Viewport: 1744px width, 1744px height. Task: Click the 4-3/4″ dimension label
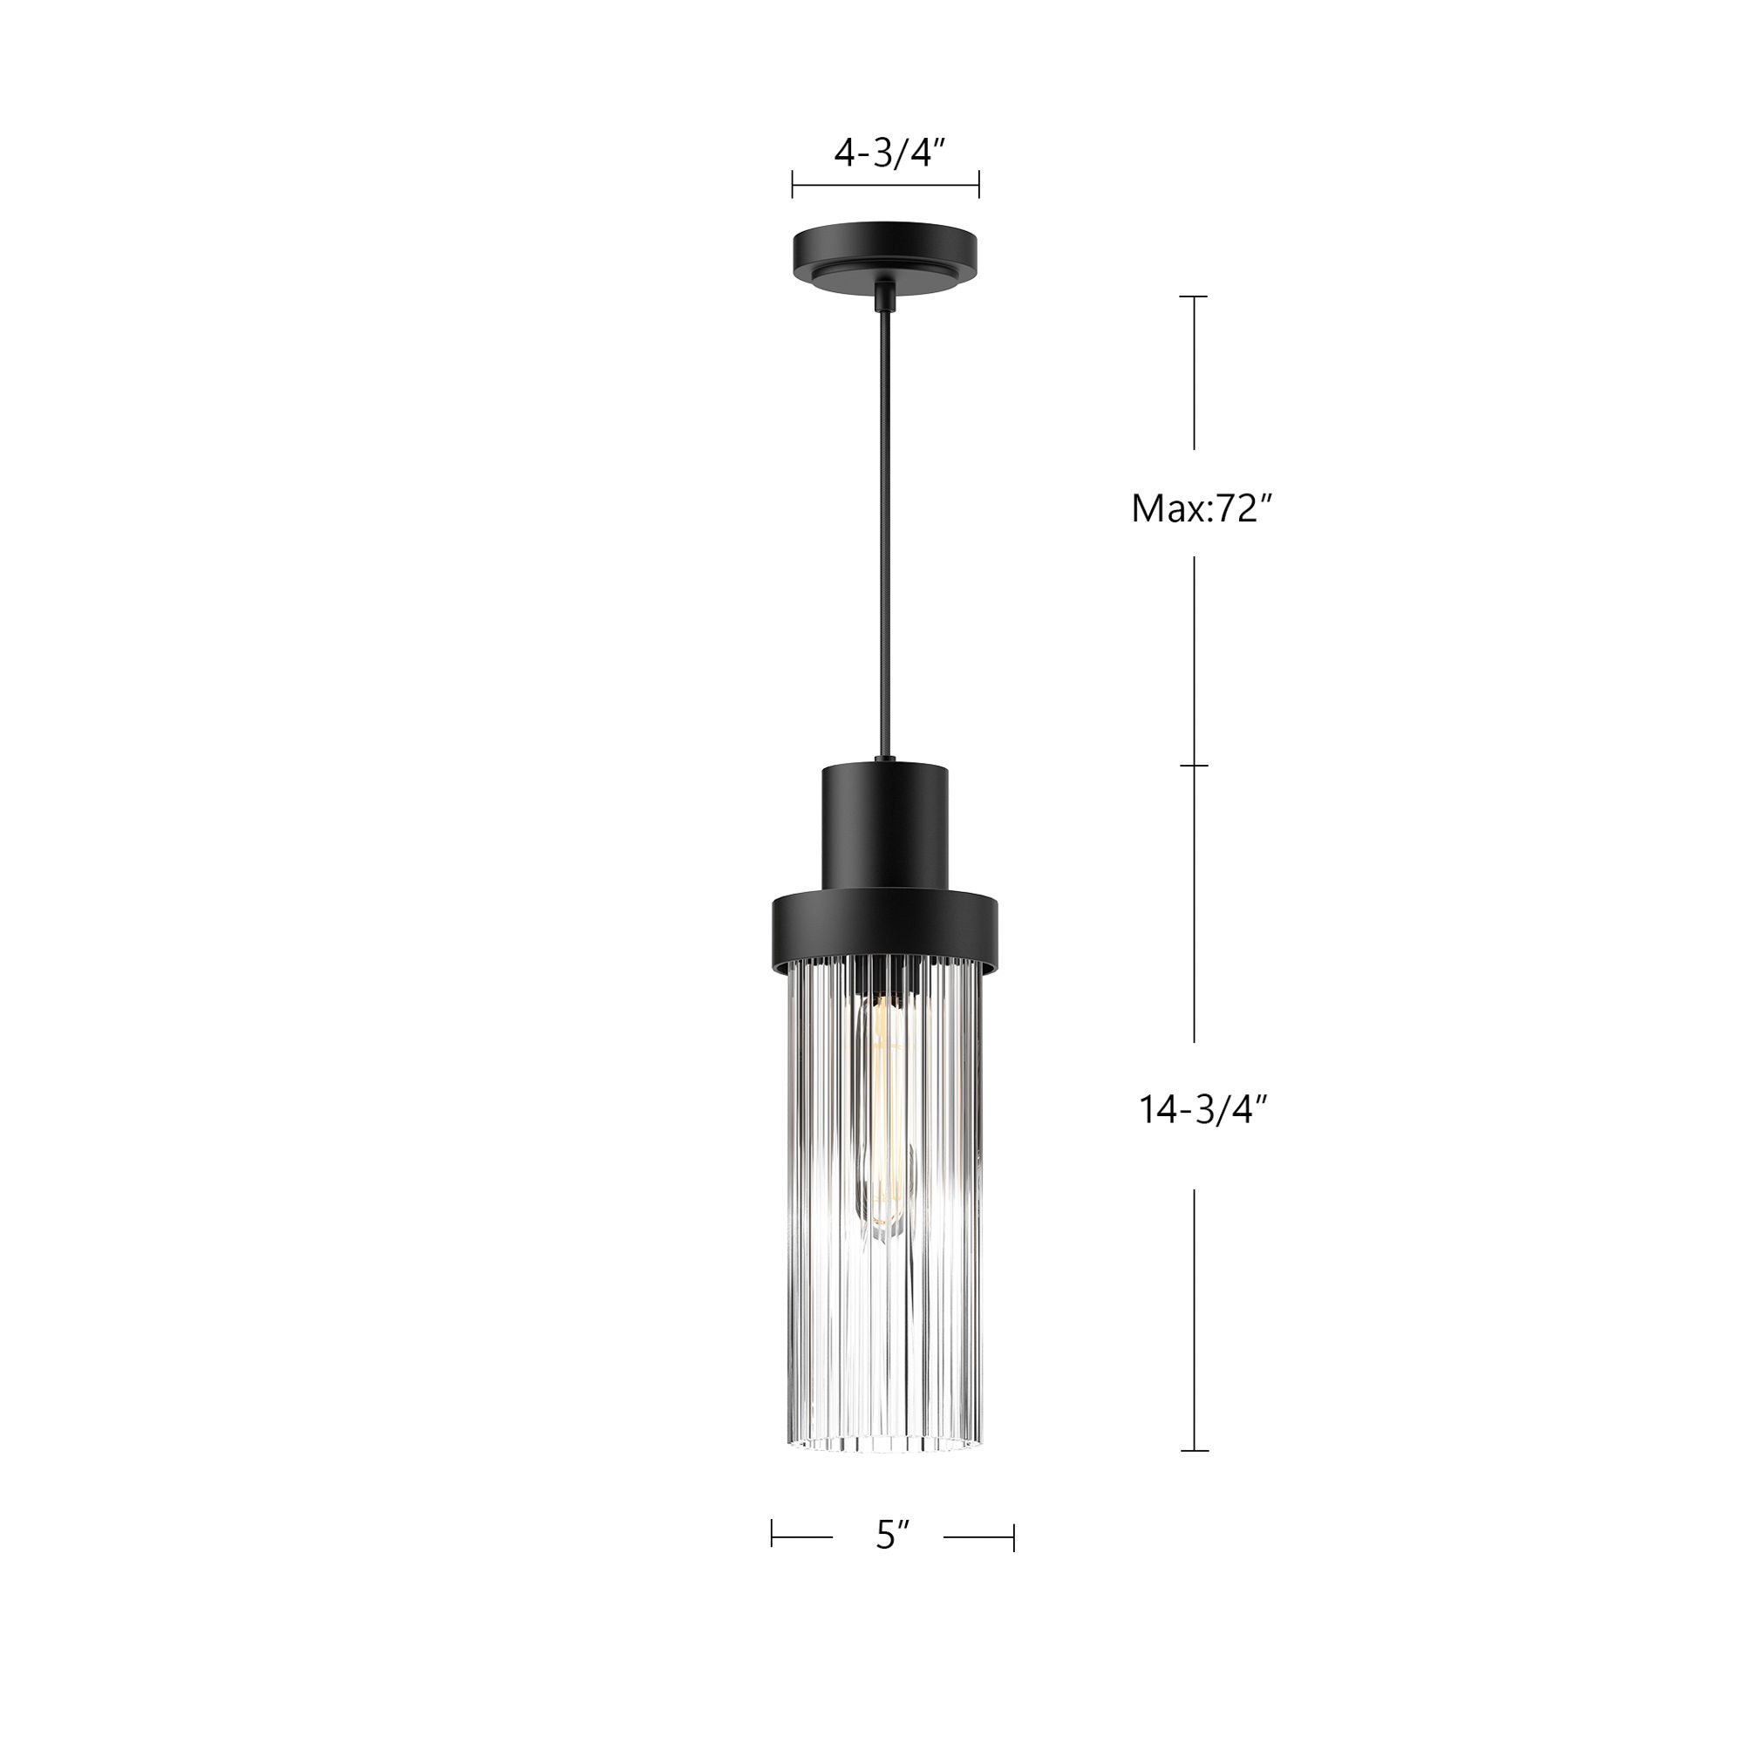[x=889, y=153]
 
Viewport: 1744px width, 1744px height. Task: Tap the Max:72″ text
[x=1202, y=509]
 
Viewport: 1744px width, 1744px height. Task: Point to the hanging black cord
[x=882, y=542]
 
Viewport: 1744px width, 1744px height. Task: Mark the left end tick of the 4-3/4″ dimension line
[x=793, y=185]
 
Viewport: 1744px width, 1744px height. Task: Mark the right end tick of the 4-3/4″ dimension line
[x=979, y=185]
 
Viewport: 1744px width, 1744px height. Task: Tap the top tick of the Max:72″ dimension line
[x=1195, y=296]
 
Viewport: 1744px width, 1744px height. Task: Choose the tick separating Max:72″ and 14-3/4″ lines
[x=1195, y=766]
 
